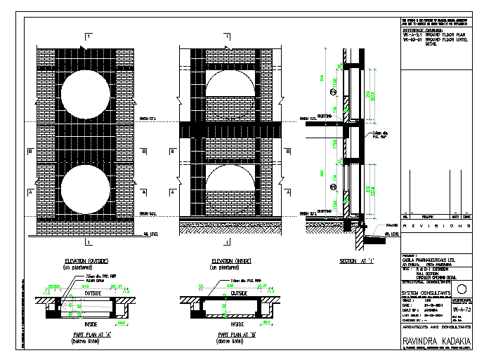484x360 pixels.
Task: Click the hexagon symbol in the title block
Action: (x=461, y=289)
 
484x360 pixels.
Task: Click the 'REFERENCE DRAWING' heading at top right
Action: (x=421, y=30)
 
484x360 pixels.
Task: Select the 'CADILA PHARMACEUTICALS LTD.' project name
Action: (x=427, y=258)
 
